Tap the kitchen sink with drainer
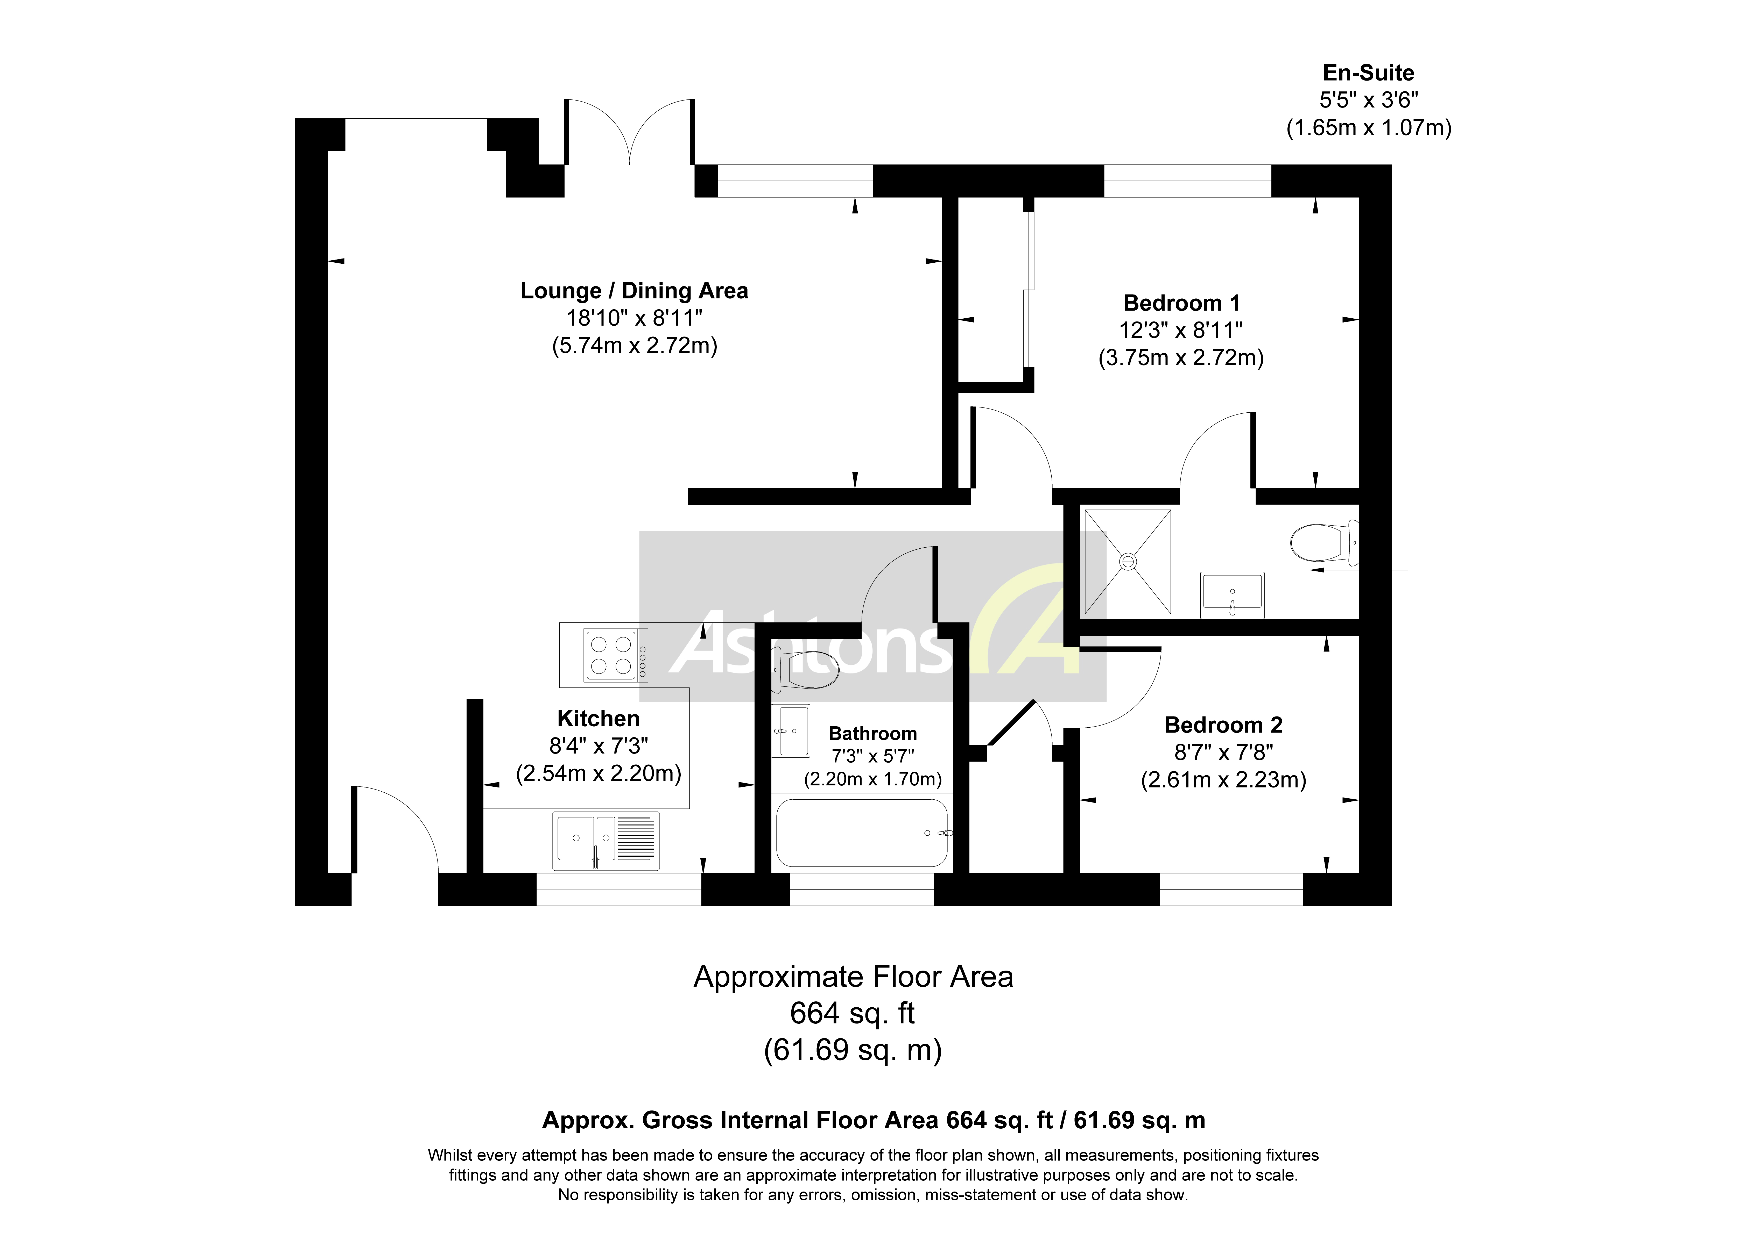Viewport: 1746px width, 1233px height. click(x=605, y=841)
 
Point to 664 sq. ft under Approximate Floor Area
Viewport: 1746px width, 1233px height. click(x=853, y=1013)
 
